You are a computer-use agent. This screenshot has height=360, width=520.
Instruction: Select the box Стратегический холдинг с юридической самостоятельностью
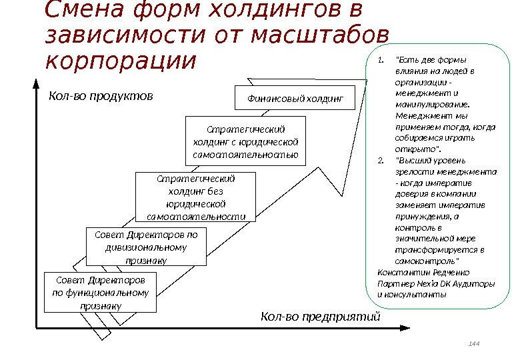coord(245,142)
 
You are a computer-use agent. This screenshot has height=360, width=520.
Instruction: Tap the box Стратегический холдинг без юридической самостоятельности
coord(196,197)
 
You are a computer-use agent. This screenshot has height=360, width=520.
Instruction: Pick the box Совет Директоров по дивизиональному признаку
coord(146,247)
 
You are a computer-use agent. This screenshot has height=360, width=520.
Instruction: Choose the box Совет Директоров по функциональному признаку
coord(100,292)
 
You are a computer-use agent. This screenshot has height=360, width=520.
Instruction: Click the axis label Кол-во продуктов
coord(101,95)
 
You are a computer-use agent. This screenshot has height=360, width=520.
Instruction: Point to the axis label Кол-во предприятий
coord(320,316)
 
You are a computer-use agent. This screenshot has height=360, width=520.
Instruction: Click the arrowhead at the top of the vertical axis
coord(35,83)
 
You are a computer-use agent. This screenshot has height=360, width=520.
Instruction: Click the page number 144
coord(474,344)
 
